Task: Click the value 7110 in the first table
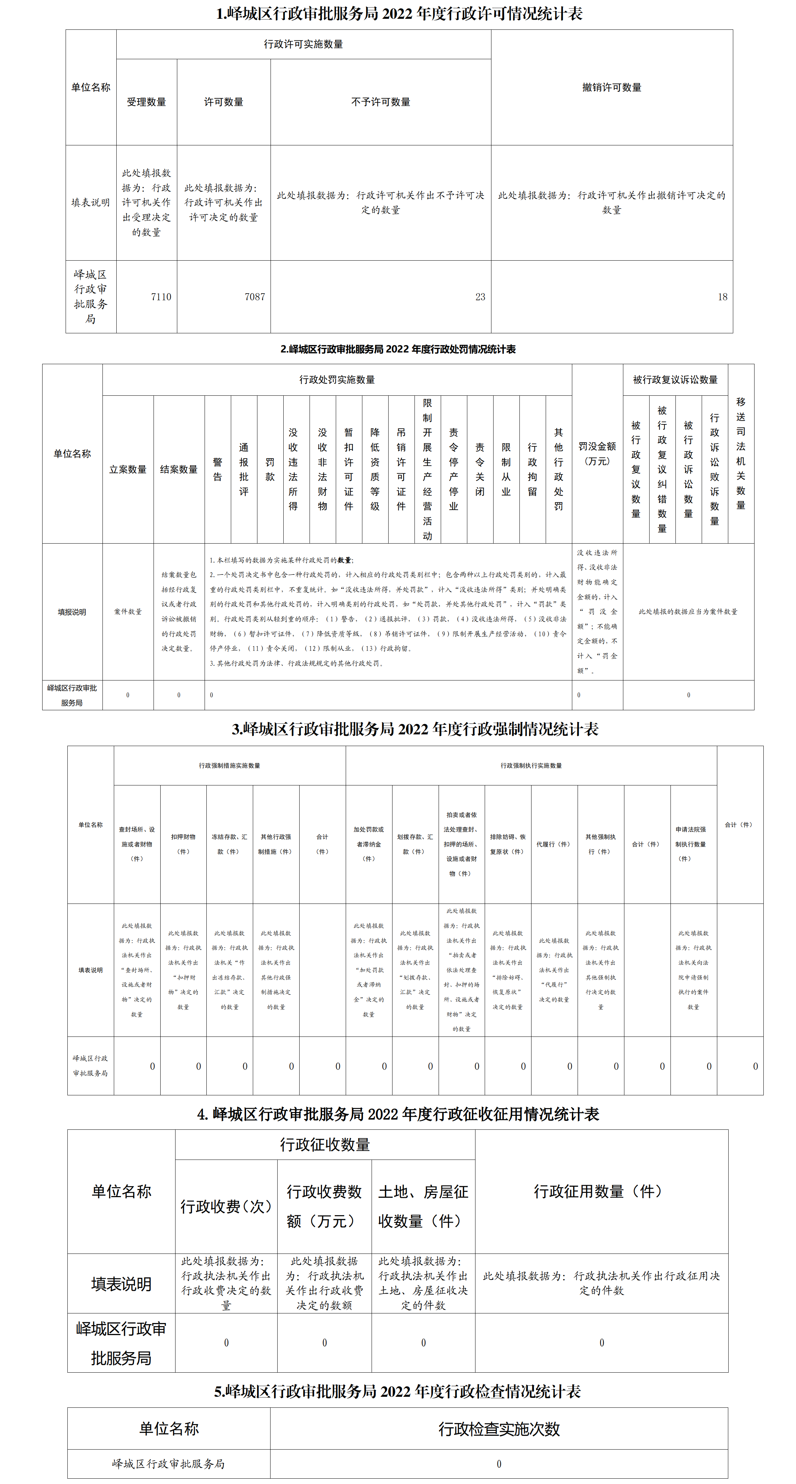click(161, 297)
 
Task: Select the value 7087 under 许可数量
click(255, 297)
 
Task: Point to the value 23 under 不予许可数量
click(480, 297)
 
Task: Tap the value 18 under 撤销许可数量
click(722, 297)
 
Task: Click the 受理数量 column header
click(146, 102)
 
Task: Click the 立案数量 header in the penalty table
click(128, 469)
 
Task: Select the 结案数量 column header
click(179, 469)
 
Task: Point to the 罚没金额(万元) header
click(597, 454)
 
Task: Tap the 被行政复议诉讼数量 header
click(675, 380)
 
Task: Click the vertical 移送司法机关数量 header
click(741, 454)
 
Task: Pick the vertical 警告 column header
click(218, 469)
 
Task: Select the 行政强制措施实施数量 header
click(229, 766)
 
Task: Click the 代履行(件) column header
click(553, 844)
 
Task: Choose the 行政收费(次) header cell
click(226, 1206)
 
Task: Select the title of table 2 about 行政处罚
click(398, 349)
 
